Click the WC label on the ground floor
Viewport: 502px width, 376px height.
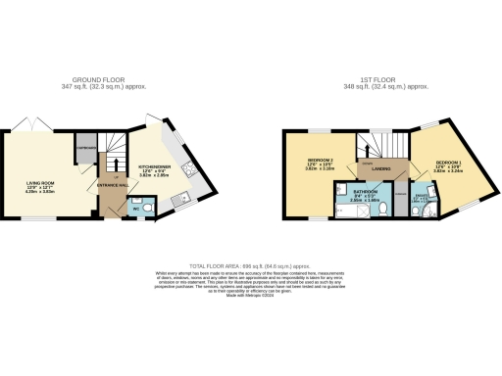pos(125,209)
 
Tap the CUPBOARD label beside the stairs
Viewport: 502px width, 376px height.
pos(86,148)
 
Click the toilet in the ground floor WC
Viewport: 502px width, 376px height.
pos(144,209)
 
